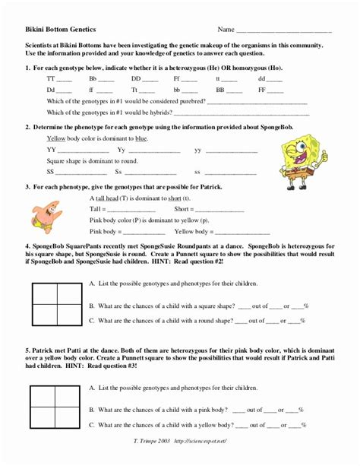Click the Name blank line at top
pyautogui.click(x=284, y=31)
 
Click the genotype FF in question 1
pyautogui.click(x=261, y=89)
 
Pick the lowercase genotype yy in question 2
pyautogui.click(x=199, y=150)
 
